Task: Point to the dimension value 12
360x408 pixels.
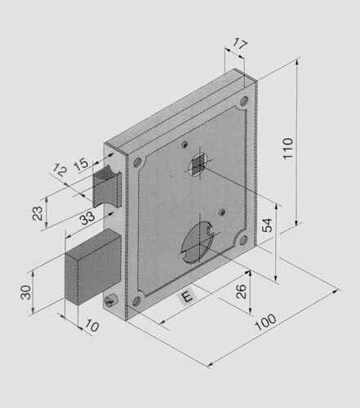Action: pyautogui.click(x=58, y=171)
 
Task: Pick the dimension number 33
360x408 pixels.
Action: pyautogui.click(x=87, y=218)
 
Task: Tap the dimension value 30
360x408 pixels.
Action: pyautogui.click(x=25, y=292)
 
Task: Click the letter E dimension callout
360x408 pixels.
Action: pyautogui.click(x=186, y=297)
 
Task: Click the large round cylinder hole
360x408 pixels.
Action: pyautogui.click(x=196, y=243)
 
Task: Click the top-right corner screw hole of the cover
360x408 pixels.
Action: pyautogui.click(x=243, y=102)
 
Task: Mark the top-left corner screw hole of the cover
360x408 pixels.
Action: pyautogui.click(x=137, y=162)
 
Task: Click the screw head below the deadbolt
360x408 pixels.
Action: pyautogui.click(x=112, y=301)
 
